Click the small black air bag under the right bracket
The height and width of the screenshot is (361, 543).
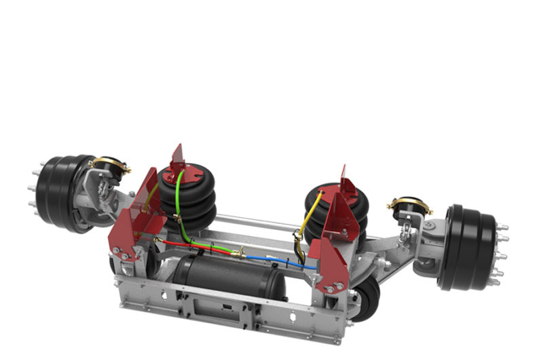coord(367,295)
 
